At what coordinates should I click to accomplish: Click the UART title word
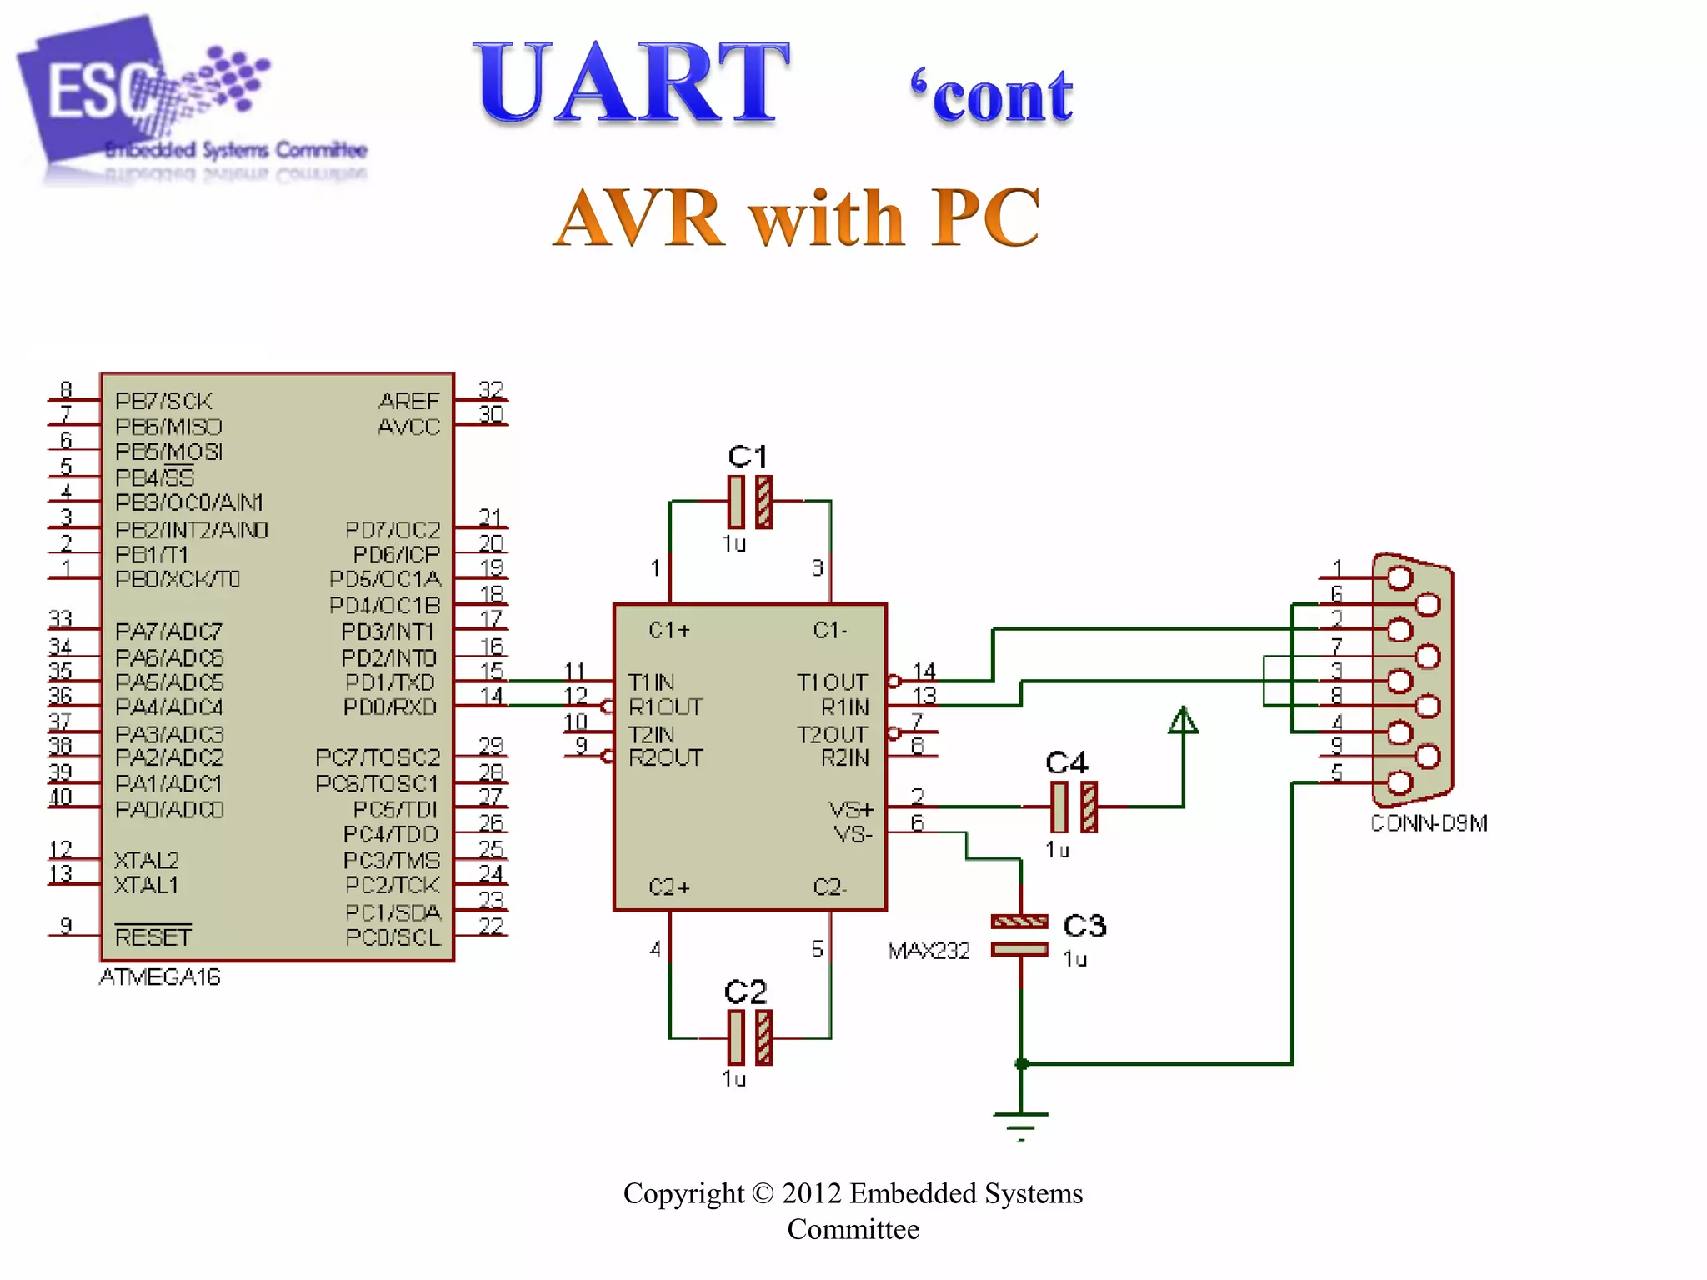click(631, 83)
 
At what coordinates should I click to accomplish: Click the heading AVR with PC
click(796, 217)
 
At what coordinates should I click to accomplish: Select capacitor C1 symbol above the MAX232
click(749, 502)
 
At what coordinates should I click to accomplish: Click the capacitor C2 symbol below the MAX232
click(749, 1037)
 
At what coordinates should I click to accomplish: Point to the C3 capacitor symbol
click(1019, 935)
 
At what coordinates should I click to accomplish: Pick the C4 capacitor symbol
click(1074, 807)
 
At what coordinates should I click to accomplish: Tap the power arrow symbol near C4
click(1183, 721)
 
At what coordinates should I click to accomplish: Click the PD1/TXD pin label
click(390, 682)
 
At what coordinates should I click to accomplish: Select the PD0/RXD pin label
click(390, 707)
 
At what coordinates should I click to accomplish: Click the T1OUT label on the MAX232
click(832, 682)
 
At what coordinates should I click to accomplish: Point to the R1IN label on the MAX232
click(844, 707)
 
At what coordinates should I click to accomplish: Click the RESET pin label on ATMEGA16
click(153, 937)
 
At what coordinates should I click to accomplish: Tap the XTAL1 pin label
click(146, 885)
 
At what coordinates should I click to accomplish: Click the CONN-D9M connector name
click(1429, 823)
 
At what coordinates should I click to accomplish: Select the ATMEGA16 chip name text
click(159, 977)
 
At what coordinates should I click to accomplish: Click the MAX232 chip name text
click(929, 951)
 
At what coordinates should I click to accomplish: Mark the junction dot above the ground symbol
click(1021, 1064)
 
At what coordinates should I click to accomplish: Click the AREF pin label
click(408, 401)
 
